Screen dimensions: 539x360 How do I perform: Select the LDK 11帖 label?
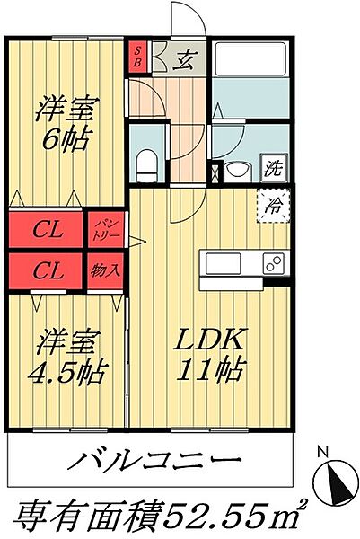coord(211,355)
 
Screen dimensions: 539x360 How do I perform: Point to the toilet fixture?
coord(146,163)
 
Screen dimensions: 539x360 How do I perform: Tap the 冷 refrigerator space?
coord(272,205)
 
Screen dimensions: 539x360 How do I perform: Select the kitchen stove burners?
coord(272,264)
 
